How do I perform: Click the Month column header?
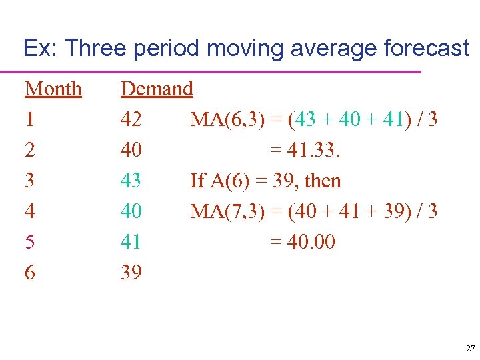tap(53, 89)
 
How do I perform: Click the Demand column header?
tap(157, 89)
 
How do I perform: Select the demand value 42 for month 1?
tap(131, 119)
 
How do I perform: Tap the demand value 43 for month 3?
tap(131, 181)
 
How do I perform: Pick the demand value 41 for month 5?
tap(131, 242)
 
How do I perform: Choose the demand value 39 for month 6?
tap(131, 273)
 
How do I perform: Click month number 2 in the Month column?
tap(30, 150)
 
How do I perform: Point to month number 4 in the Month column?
tap(30, 211)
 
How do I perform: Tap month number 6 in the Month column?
tap(30, 273)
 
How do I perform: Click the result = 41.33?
tap(305, 150)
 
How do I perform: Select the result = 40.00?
tap(302, 242)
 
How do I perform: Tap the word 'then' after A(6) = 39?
tap(324, 181)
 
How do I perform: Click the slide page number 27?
tap(471, 349)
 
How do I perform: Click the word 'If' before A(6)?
tap(197, 181)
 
